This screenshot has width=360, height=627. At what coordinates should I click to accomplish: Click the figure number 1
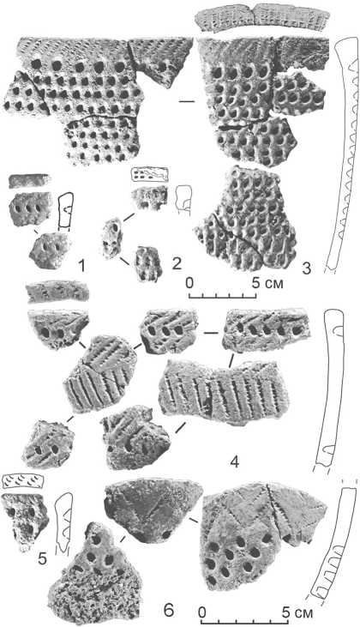[x=82, y=266]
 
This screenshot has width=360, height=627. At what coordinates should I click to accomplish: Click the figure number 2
[x=177, y=263]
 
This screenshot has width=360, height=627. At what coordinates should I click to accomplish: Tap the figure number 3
[x=307, y=268]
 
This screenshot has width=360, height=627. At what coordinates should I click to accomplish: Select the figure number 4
[x=235, y=462]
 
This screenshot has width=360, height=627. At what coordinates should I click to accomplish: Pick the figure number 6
[x=169, y=610]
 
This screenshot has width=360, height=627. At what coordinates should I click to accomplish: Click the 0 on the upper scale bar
[x=189, y=283]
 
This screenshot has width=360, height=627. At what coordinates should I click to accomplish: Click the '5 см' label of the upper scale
[x=268, y=283]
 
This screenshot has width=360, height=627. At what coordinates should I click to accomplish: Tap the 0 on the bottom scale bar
[x=202, y=612]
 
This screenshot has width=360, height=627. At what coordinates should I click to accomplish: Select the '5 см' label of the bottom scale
[x=297, y=612]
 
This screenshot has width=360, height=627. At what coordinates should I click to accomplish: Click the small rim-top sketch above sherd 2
[x=149, y=174]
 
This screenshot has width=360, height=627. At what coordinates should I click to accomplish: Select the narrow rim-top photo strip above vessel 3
[x=261, y=18]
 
